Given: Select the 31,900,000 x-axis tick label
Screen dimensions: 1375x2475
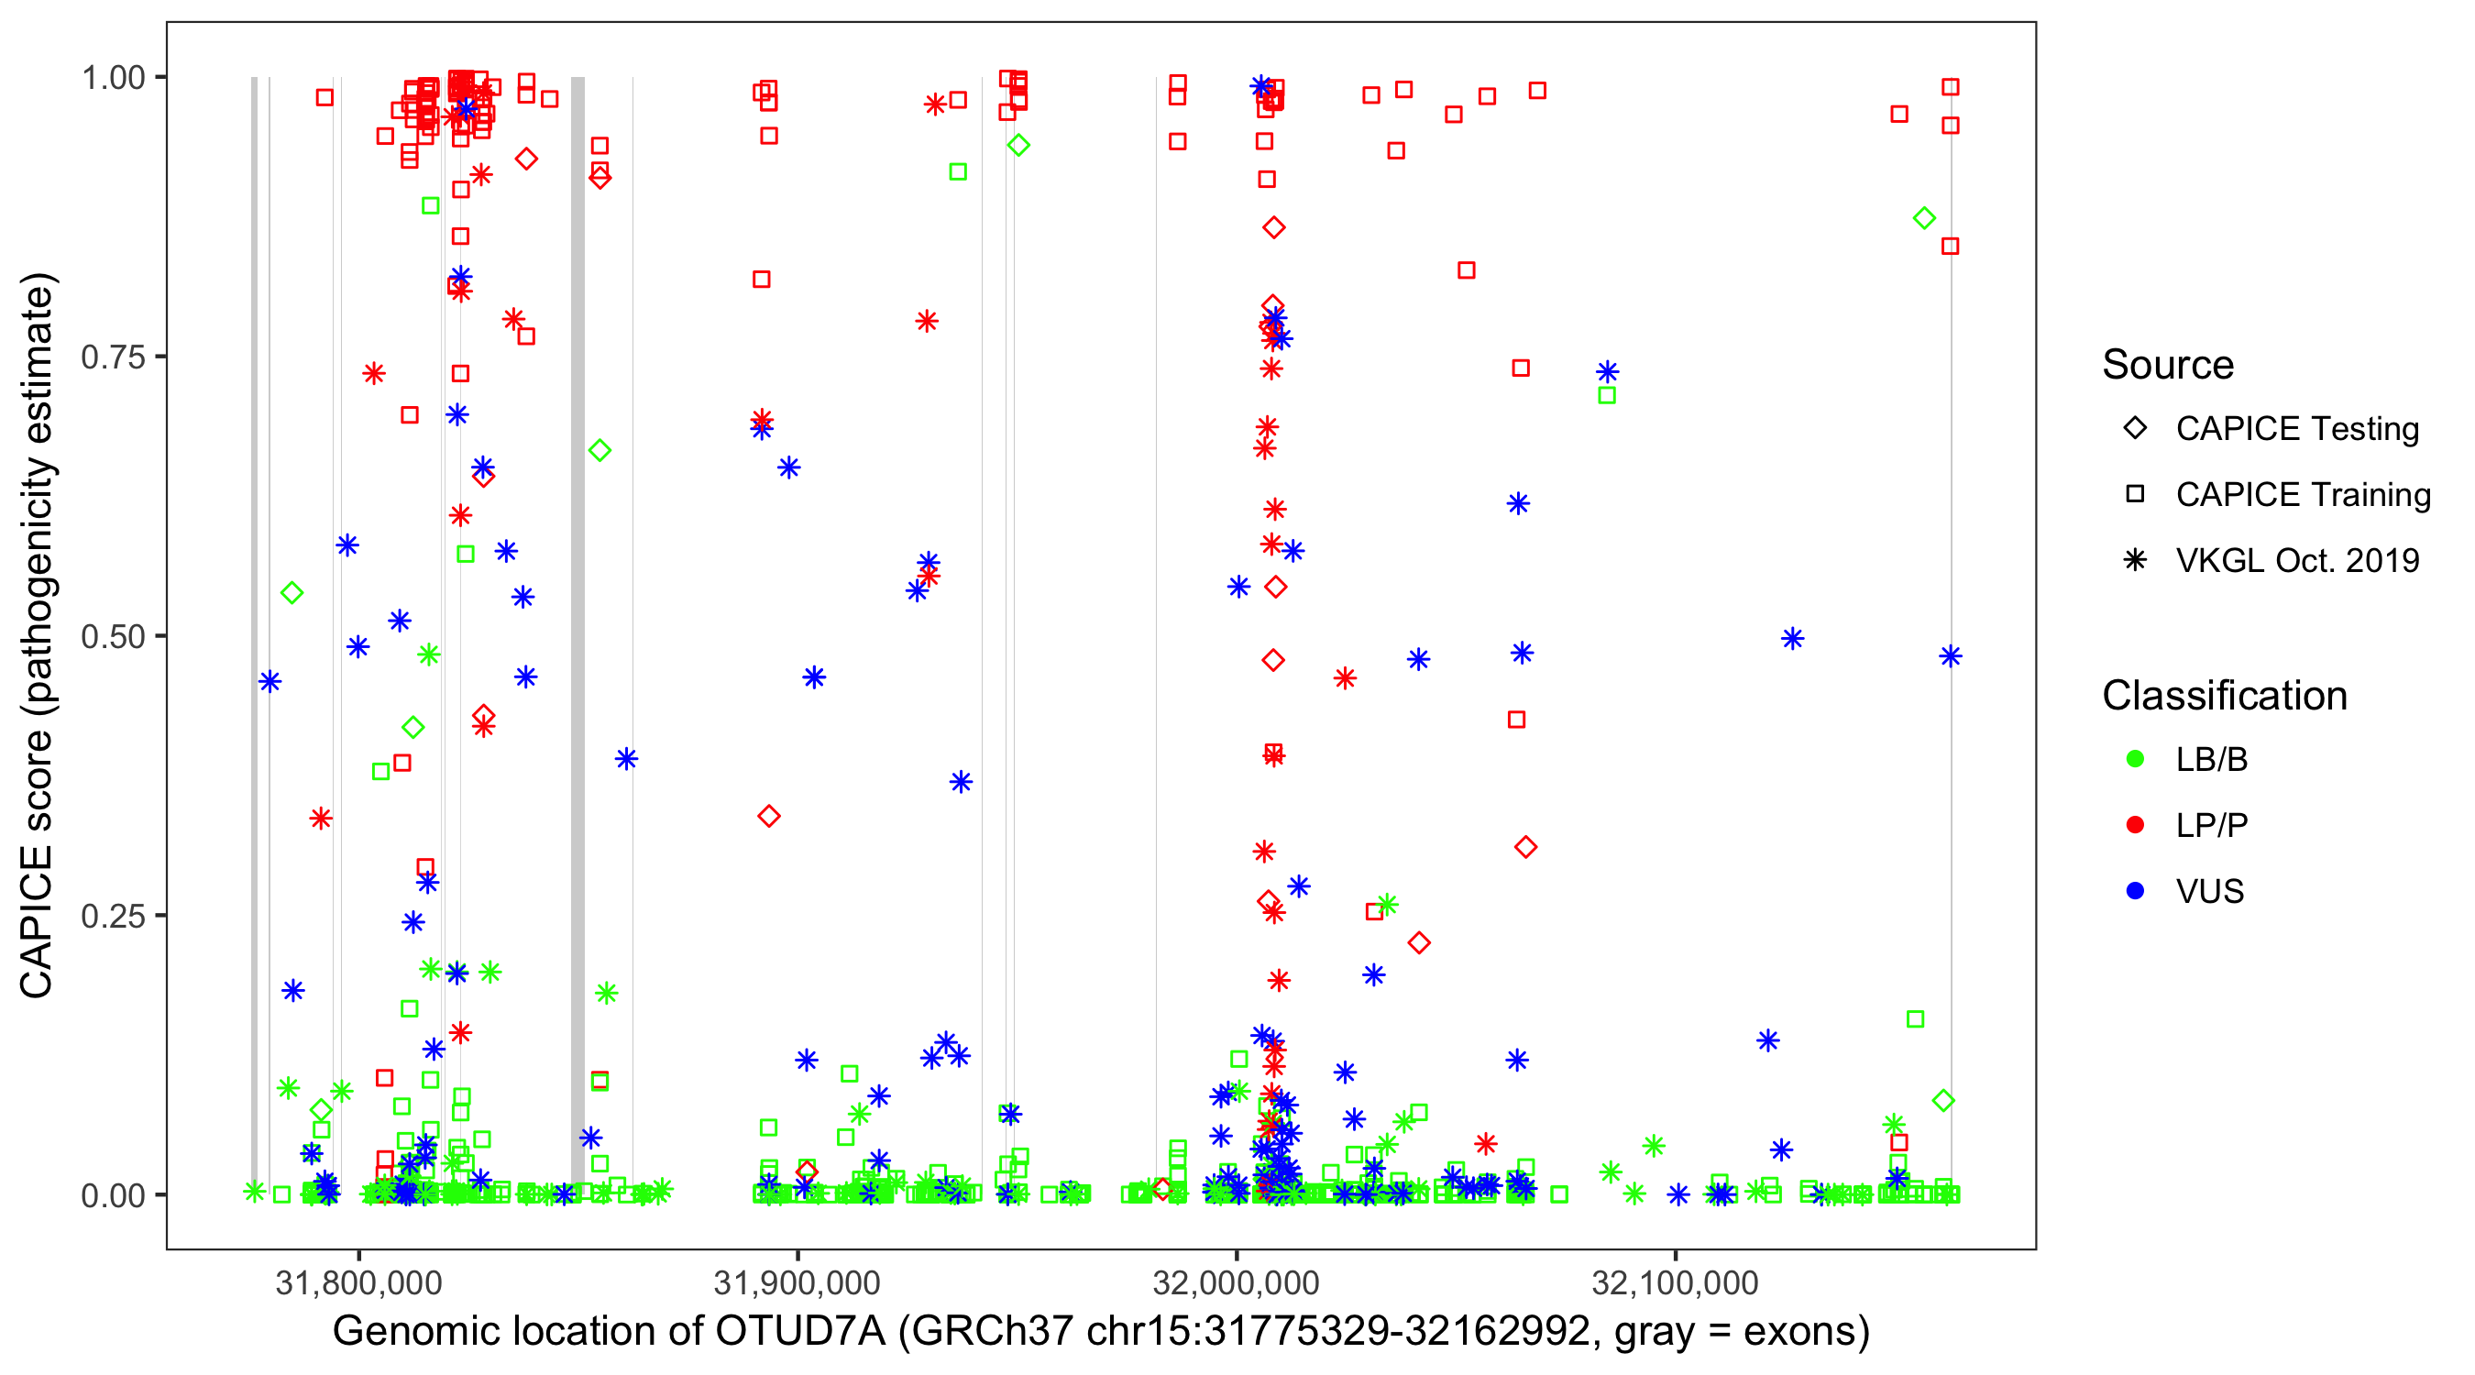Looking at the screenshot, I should coord(797,1282).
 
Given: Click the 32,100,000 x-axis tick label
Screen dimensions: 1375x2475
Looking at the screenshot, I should coord(1675,1282).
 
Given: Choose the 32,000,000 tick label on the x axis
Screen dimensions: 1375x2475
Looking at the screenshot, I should coord(1236,1282).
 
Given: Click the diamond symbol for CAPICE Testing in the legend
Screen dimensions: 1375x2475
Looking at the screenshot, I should coord(2135,429).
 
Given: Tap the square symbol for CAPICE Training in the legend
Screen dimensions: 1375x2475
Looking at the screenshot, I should coord(2135,495).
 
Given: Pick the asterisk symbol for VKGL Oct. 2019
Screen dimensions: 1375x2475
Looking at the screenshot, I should coord(2135,560).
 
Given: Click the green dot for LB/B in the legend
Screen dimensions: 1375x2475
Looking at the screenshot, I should coord(2135,759).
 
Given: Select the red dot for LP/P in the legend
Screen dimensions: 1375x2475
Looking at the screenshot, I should coord(2135,825).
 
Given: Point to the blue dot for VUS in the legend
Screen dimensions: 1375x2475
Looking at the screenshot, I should coord(2135,891).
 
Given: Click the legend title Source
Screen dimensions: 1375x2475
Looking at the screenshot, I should coord(2168,365).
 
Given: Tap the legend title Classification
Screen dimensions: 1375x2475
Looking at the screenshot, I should coord(2224,696).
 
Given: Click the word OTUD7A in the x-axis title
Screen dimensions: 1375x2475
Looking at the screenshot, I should coord(799,1332).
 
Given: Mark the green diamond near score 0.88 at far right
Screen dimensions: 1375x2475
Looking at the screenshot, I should coord(1923,218).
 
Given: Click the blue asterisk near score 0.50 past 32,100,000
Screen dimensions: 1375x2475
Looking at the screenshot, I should coord(1792,639).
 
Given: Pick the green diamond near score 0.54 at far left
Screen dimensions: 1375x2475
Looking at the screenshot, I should coord(292,593).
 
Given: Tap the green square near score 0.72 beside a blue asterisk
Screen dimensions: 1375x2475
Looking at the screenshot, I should coord(1606,396).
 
